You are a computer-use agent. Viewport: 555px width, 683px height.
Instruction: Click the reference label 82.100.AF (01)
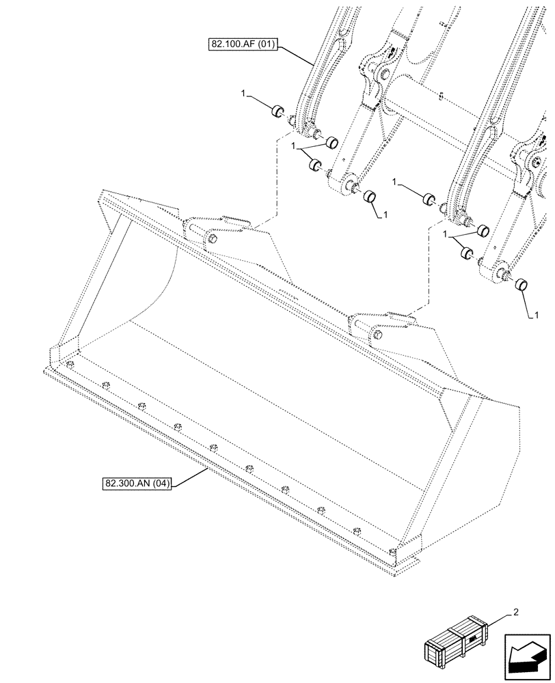tap(243, 46)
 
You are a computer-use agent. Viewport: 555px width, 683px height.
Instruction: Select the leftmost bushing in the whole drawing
tap(277, 112)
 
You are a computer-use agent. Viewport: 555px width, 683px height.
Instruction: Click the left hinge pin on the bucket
tap(211, 238)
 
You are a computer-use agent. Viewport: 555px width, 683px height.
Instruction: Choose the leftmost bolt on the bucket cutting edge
tap(69, 364)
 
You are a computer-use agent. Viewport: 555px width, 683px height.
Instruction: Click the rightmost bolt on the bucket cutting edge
tap(392, 552)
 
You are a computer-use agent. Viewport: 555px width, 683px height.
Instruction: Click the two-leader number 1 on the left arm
tap(293, 146)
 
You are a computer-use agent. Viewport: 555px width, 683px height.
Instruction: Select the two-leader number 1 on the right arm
tap(448, 234)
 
